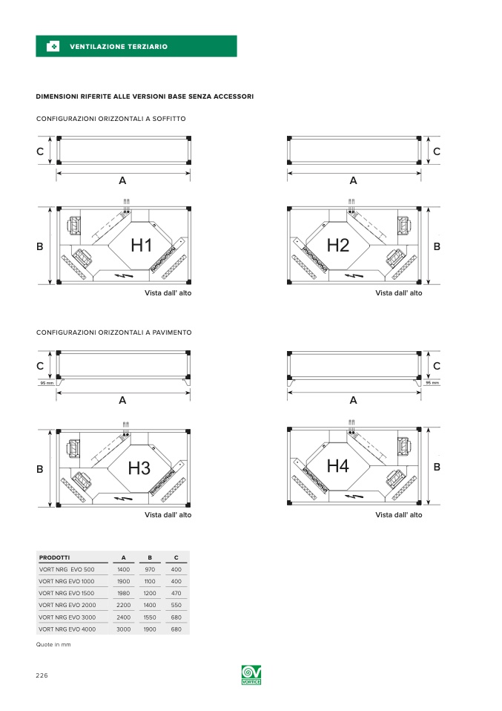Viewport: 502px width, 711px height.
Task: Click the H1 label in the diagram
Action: point(141,246)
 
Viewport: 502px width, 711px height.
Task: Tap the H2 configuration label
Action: point(338,246)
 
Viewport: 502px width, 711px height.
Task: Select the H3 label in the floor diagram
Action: point(139,468)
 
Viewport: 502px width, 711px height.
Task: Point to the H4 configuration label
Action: point(338,465)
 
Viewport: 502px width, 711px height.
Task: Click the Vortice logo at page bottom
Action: point(251,675)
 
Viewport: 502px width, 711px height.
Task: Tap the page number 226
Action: point(42,675)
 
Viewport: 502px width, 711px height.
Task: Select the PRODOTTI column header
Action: point(54,557)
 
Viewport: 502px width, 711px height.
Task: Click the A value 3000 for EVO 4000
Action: point(123,629)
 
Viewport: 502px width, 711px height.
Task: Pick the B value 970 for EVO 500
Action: point(150,569)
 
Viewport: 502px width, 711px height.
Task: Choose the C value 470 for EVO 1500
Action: point(176,593)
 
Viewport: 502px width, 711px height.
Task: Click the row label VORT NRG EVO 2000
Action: point(67,605)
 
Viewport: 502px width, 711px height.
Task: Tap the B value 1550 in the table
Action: point(150,617)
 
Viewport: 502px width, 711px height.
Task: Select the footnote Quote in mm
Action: point(53,644)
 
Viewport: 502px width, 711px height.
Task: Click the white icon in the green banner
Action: point(53,46)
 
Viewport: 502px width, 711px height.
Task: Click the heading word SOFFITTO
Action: point(169,119)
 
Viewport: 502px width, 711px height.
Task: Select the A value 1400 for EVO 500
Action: point(123,569)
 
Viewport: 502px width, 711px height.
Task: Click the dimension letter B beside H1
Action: point(40,246)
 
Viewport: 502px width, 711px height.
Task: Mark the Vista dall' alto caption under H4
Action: point(399,514)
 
